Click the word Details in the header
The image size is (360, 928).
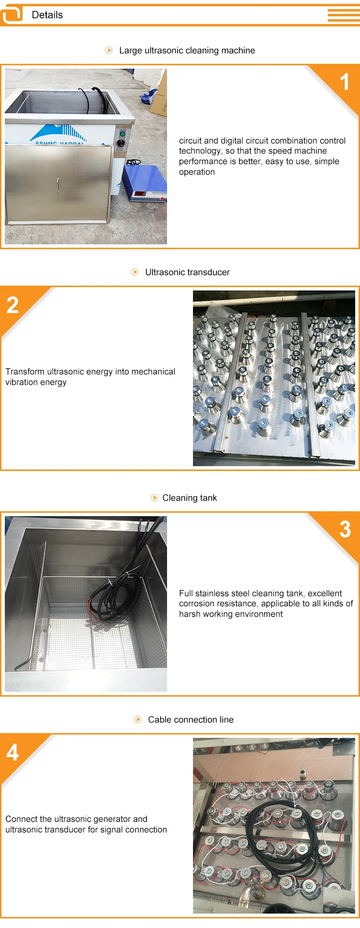point(47,15)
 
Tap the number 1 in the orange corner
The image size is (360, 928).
point(345,82)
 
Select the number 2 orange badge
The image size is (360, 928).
point(12,305)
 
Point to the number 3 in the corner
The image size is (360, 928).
point(345,530)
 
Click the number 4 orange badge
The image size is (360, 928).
point(12,752)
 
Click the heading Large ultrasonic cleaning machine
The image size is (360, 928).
point(187,50)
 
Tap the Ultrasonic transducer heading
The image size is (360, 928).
point(187,272)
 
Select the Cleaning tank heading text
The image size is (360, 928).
point(190,498)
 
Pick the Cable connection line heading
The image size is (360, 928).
point(191,720)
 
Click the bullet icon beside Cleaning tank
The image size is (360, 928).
point(154,498)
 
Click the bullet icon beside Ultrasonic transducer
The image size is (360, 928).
point(135,272)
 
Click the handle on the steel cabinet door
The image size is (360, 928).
point(58,190)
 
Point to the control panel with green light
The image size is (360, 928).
point(122,139)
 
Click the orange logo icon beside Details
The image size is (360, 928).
point(12,15)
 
